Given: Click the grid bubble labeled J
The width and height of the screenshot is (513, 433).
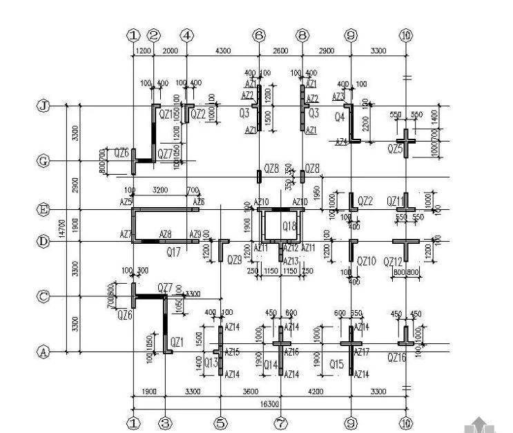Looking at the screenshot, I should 43,106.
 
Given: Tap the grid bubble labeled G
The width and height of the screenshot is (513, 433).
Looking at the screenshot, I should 43,161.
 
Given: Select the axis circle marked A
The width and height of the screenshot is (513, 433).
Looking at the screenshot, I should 43,352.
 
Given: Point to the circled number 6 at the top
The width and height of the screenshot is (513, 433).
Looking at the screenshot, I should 259,35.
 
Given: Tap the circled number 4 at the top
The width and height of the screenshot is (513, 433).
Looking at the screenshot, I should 187,35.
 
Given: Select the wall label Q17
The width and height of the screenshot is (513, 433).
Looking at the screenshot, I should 174,253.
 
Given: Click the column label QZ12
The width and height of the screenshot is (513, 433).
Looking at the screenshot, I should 394,261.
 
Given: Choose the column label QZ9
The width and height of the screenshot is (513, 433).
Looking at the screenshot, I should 235,260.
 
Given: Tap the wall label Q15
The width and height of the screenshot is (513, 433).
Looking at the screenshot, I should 336,364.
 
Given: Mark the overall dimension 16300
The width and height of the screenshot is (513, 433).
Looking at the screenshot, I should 269,403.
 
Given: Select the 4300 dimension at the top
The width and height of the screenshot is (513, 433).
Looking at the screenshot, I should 224,51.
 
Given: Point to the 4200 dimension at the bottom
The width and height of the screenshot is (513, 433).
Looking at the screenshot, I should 316,392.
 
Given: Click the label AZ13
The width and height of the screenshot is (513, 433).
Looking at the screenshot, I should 291,261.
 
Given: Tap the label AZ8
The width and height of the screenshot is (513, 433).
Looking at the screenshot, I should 166,235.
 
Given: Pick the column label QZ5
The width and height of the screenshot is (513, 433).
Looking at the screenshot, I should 395,148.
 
